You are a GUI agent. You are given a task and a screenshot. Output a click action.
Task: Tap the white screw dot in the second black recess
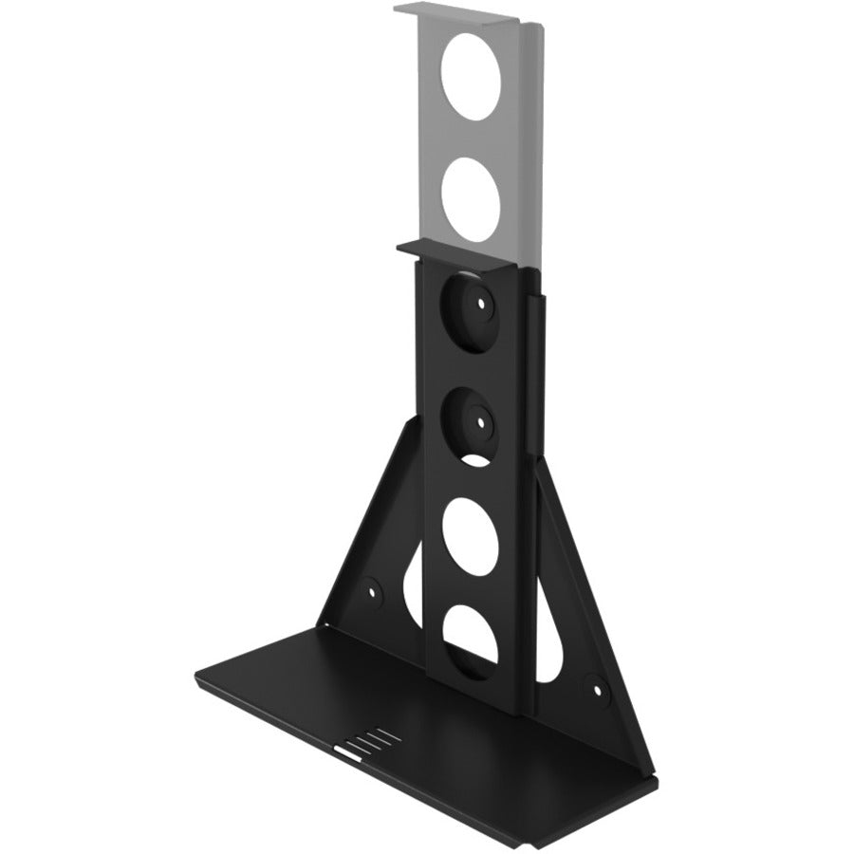click(482, 418)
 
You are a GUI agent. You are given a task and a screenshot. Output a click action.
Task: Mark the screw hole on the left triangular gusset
click(373, 589)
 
